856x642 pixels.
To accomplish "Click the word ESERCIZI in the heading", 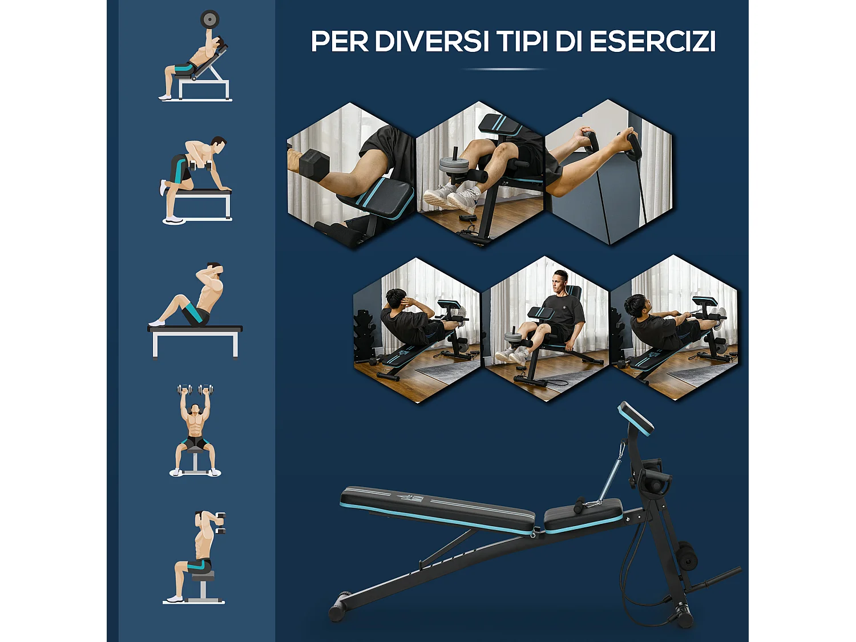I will click(x=652, y=41).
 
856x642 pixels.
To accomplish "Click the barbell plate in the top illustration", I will click(x=209, y=19).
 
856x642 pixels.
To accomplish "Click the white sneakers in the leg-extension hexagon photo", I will click(x=451, y=197).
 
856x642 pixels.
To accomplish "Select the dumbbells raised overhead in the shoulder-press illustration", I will click(x=195, y=391).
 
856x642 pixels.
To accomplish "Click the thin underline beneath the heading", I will click(x=504, y=69).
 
